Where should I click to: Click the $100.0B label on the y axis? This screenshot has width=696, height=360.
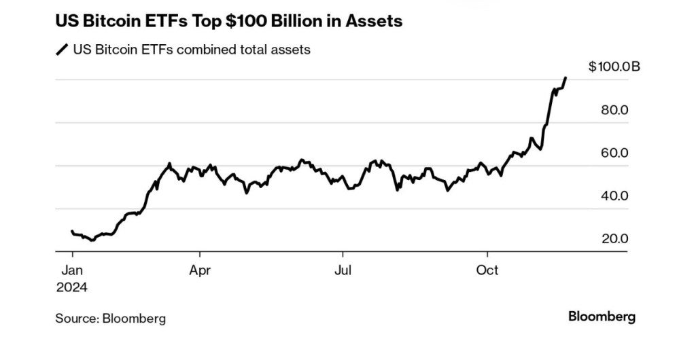click(x=614, y=67)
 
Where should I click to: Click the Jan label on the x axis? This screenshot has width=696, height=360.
click(x=72, y=270)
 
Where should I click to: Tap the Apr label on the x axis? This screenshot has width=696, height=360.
click(x=200, y=270)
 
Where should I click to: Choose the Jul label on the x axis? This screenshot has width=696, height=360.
click(x=343, y=270)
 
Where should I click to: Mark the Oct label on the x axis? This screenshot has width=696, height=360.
click(x=487, y=270)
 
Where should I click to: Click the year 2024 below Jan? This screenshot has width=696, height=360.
click(x=72, y=287)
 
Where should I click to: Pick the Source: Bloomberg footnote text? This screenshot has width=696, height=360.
click(x=111, y=318)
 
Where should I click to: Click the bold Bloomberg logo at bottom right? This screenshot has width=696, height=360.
click(x=602, y=317)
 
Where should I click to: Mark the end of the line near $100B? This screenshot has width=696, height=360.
click(x=566, y=78)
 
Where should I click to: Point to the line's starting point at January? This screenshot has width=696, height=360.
click(x=72, y=232)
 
